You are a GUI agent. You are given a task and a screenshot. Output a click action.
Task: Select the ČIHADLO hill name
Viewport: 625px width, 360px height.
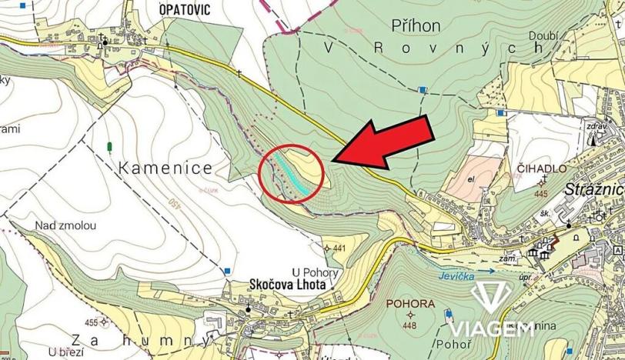pyautogui.click(x=543, y=168)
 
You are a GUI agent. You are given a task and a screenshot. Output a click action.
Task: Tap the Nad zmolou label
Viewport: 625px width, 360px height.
pyautogui.click(x=65, y=225)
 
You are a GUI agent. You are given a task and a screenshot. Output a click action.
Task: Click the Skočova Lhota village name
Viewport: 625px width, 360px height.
pyautogui.click(x=289, y=284)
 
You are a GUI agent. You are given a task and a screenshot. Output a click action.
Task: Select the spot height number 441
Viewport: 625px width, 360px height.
pyautogui.click(x=339, y=248)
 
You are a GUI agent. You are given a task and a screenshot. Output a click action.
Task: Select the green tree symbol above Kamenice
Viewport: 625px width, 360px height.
pyautogui.click(x=110, y=145)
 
